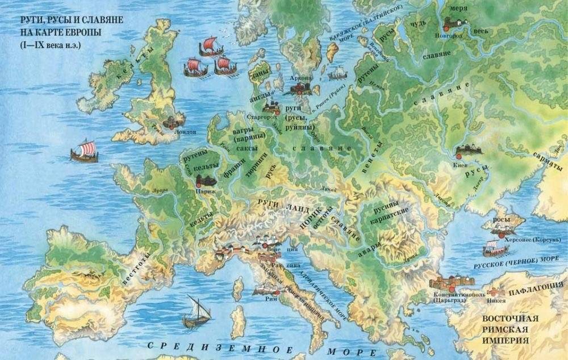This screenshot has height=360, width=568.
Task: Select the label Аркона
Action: coord(300,78)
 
